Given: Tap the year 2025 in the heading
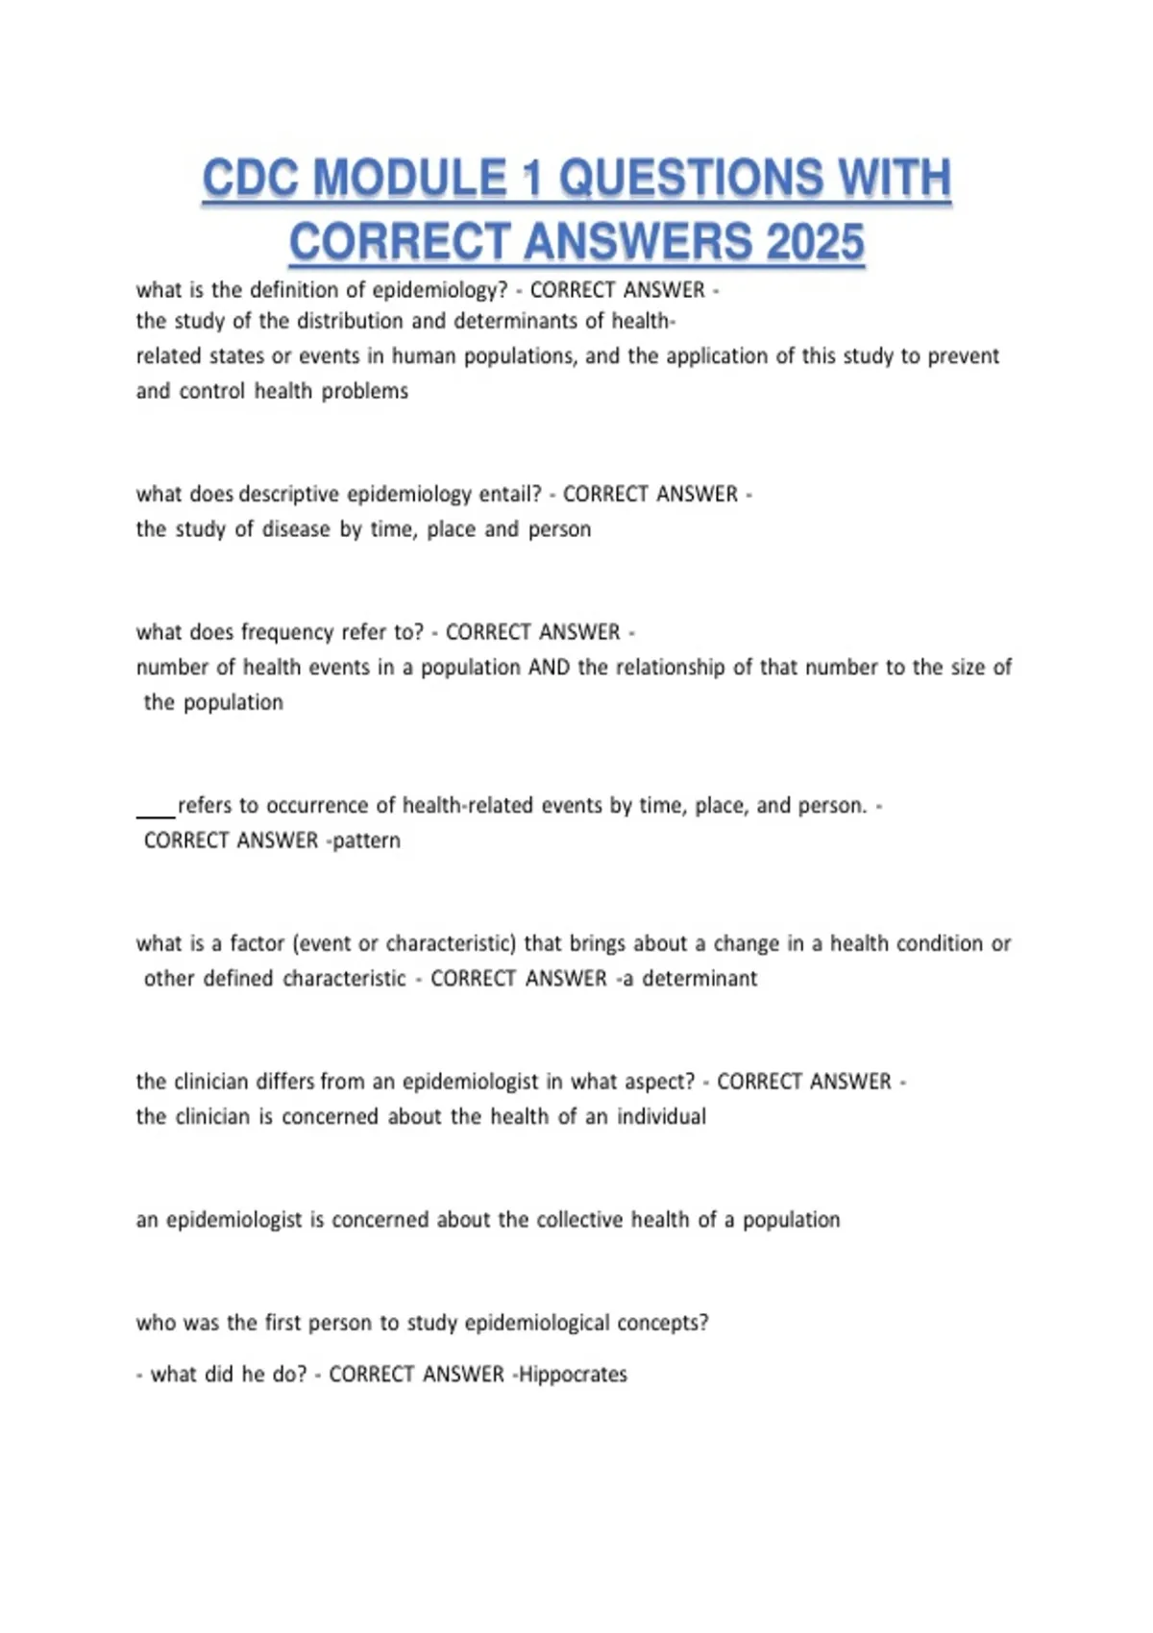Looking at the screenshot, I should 815,241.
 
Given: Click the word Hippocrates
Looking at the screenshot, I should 573,1375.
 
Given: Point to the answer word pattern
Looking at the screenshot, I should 366,841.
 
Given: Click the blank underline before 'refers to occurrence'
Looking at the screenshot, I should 156,813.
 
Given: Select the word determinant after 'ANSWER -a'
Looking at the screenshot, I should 699,979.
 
